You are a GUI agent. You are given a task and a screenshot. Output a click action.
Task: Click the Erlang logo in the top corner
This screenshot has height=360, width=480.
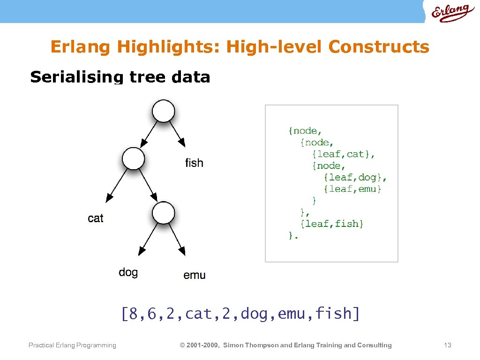[450, 12]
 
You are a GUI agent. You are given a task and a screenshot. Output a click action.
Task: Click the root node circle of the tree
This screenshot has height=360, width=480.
[163, 111]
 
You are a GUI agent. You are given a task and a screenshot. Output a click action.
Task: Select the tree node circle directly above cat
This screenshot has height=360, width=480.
[134, 158]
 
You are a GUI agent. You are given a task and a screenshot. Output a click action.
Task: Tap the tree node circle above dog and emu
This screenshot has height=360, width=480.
[163, 213]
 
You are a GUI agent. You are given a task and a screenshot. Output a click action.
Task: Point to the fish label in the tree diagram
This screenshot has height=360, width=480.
[194, 163]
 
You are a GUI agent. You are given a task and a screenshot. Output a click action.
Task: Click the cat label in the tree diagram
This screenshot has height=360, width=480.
[96, 218]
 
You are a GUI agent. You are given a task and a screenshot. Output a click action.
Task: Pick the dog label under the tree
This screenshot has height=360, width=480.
[128, 272]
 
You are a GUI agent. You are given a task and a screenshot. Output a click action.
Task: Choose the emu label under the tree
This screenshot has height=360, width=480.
[194, 275]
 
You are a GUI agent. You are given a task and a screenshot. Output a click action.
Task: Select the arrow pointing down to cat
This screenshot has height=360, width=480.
[117, 186]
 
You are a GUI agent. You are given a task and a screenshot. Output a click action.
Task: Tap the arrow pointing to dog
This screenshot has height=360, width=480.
[149, 240]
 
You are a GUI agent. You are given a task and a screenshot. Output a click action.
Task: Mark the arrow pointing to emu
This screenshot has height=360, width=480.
[177, 240]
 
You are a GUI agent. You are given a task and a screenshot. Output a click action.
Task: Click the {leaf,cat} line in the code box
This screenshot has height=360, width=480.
[344, 154]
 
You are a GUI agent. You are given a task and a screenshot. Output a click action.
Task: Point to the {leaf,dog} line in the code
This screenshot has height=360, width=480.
[355, 177]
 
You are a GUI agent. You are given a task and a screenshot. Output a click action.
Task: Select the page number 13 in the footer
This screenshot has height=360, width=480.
[447, 345]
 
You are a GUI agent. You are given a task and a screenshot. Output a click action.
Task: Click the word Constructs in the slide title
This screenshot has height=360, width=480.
[378, 47]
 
